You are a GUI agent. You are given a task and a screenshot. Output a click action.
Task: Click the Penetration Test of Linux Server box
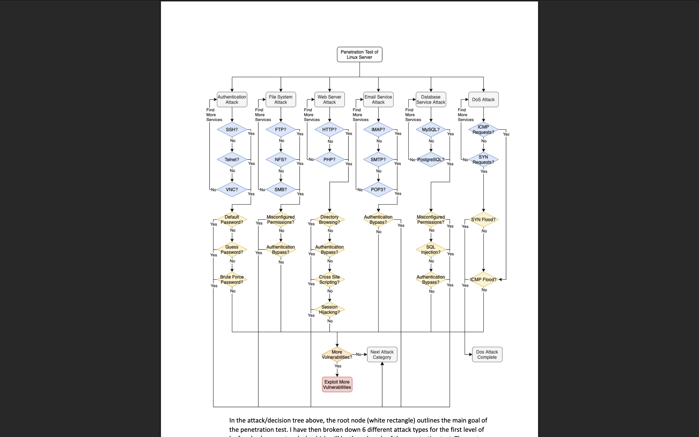(x=359, y=55)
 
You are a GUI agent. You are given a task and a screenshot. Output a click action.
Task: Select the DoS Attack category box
(x=483, y=100)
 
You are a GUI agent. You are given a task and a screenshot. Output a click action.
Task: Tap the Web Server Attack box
(x=329, y=100)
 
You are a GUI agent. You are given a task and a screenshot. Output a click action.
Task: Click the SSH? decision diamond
(x=232, y=129)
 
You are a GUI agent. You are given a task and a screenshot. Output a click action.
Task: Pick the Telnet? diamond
(x=232, y=160)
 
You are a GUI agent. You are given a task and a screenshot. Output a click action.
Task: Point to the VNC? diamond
(x=232, y=190)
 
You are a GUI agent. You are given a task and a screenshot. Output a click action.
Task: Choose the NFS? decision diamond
(x=281, y=160)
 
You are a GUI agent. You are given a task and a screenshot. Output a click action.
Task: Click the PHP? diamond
(x=329, y=160)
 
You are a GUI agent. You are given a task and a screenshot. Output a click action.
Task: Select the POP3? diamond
(x=378, y=190)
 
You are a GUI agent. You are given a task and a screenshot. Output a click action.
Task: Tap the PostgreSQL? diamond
(x=431, y=160)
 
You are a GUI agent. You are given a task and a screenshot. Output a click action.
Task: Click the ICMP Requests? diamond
(x=483, y=129)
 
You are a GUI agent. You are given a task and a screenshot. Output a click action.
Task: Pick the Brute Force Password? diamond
(x=232, y=280)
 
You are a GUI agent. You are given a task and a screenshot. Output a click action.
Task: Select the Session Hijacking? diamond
(x=329, y=309)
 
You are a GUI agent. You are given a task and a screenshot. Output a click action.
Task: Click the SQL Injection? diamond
(x=431, y=249)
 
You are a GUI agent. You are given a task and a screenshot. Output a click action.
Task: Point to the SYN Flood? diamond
(x=483, y=220)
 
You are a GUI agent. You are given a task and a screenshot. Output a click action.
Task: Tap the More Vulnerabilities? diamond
(x=337, y=354)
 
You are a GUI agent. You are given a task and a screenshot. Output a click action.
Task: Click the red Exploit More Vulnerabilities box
(x=337, y=385)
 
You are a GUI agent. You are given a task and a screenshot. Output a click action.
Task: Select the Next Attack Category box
(x=382, y=354)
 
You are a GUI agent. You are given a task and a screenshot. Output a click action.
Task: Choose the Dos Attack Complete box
(x=487, y=354)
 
